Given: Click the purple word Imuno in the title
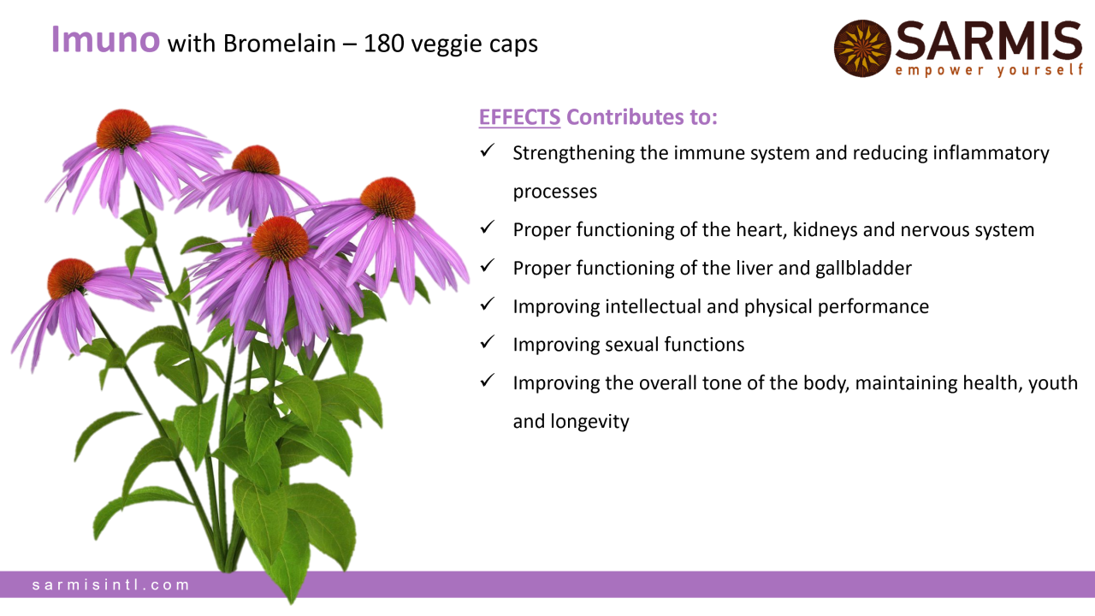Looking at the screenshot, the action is (x=105, y=39).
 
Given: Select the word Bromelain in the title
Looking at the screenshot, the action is (x=280, y=44).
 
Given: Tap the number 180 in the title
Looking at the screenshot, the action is (x=384, y=44).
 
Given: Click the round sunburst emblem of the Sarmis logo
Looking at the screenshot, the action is (x=862, y=49).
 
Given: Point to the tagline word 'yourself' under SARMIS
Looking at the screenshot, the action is (x=1040, y=70).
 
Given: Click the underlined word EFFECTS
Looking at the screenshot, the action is (x=519, y=117).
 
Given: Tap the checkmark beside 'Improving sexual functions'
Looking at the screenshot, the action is (x=488, y=341).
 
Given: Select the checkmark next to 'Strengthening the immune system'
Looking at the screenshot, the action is (x=488, y=150).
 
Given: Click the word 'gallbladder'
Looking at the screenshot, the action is (x=863, y=269).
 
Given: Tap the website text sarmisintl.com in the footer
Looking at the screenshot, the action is (x=111, y=584).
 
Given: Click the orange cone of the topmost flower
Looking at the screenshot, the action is (x=124, y=128).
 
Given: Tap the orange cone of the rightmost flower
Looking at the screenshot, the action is (x=388, y=198).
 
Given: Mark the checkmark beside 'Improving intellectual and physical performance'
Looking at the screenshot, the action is (x=488, y=304).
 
